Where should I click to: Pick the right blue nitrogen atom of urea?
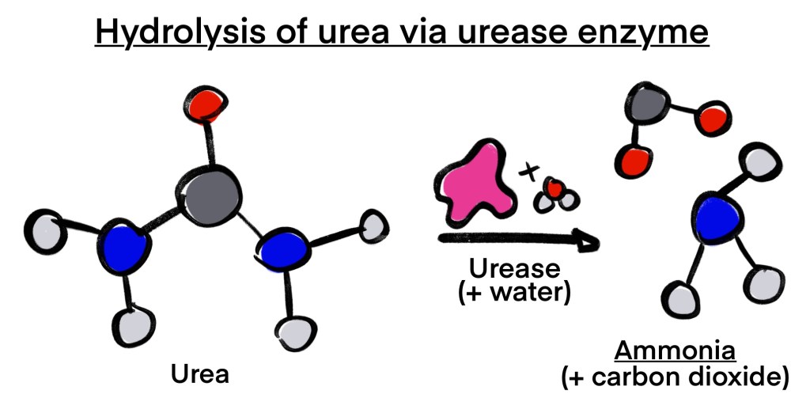click(285, 253)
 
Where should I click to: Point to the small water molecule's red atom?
click(555, 189)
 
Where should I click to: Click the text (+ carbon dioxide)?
click(675, 377)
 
